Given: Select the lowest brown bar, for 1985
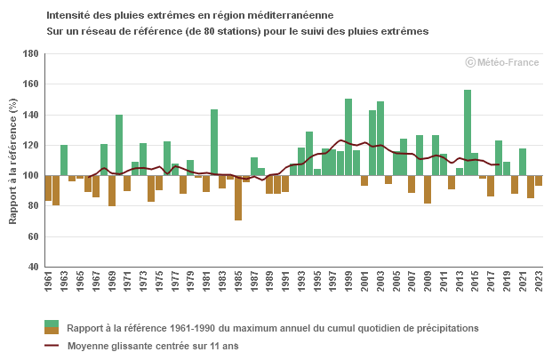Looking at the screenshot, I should point(238,197).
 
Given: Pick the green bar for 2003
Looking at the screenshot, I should point(380,138).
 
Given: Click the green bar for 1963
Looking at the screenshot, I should point(64,160).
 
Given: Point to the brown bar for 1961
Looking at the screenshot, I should point(48,188).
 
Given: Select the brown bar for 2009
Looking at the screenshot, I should point(428,189).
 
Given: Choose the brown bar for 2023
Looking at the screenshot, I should point(539,180).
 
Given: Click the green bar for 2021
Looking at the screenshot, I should point(523,162).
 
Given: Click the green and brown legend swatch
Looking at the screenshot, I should point(52,328).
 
